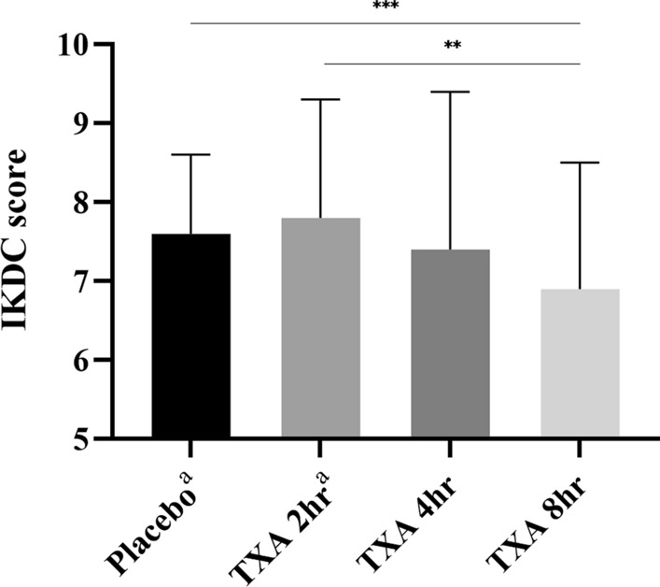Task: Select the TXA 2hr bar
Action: (321, 328)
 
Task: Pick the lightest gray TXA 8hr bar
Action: (580, 364)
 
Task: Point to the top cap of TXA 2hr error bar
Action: (321, 99)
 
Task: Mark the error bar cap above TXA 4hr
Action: (451, 92)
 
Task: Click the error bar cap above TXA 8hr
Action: (580, 163)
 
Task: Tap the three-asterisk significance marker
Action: (386, 7)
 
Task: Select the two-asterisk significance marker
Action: (453, 47)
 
